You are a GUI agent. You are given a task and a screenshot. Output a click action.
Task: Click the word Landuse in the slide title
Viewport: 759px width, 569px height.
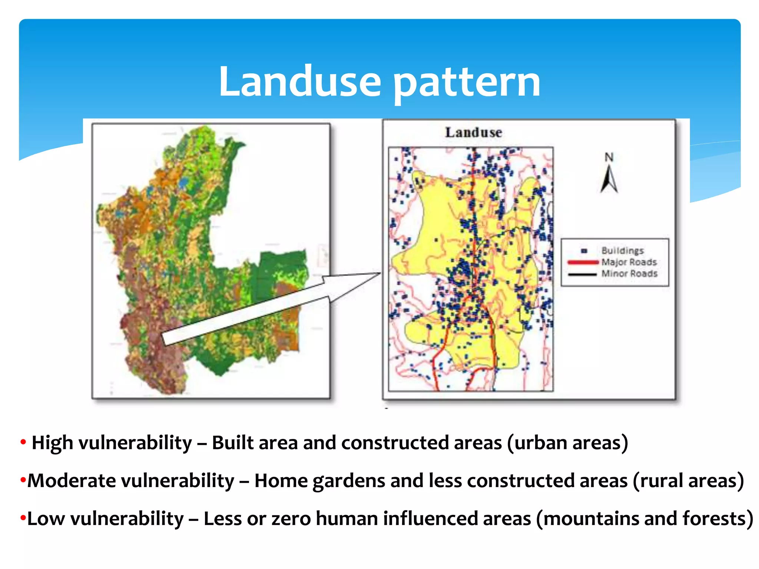299,82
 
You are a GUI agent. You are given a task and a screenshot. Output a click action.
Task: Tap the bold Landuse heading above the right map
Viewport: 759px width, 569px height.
473,133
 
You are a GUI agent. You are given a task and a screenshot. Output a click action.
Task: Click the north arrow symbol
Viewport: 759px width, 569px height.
609,179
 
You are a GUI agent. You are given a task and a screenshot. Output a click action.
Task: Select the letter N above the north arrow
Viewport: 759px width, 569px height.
609,157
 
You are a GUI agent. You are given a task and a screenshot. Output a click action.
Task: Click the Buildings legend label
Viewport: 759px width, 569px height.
623,251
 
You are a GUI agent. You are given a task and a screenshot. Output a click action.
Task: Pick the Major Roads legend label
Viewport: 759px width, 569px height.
629,262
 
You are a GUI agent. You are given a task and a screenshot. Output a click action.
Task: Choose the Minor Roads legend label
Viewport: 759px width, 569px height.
629,274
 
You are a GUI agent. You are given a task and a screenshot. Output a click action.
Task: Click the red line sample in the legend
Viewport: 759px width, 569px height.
583,262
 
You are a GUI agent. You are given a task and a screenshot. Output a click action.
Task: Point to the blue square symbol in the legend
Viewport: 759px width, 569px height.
584,251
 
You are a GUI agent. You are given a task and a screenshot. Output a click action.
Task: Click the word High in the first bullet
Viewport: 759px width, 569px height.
52,443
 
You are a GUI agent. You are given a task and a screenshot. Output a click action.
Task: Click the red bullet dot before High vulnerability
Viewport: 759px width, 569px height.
23,442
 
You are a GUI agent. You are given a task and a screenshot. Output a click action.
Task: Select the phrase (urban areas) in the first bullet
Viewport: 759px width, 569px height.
567,443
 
